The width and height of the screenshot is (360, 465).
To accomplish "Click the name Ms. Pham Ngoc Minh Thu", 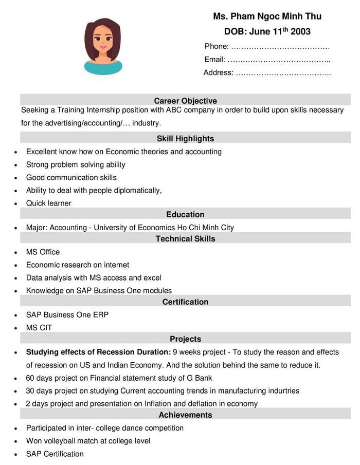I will (x=267, y=16).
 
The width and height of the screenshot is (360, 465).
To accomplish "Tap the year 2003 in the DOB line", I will (x=300, y=32).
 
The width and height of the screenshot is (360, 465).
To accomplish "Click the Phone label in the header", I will (x=217, y=46).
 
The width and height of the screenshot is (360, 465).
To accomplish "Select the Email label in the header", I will (x=215, y=60).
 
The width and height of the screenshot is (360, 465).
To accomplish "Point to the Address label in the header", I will (x=219, y=73).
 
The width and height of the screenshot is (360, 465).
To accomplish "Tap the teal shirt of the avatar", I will (x=103, y=68).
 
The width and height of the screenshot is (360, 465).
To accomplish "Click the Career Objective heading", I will (x=185, y=101).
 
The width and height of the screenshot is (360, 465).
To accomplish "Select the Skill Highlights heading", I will (x=185, y=139).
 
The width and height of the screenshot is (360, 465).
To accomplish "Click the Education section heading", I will (x=185, y=215).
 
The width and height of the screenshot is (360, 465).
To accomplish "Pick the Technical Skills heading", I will (x=185, y=239).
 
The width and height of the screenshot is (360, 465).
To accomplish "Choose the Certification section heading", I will (x=185, y=302).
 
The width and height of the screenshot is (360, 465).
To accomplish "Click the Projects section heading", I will (x=185, y=339).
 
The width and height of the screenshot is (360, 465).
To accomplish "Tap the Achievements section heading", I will (x=185, y=415).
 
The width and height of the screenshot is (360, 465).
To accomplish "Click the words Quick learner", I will (x=49, y=203).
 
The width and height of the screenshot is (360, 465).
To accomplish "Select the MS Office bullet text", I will (x=43, y=252).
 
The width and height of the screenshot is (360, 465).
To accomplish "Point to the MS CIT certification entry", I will (x=39, y=328).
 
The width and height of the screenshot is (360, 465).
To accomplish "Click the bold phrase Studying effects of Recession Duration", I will (x=98, y=352).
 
